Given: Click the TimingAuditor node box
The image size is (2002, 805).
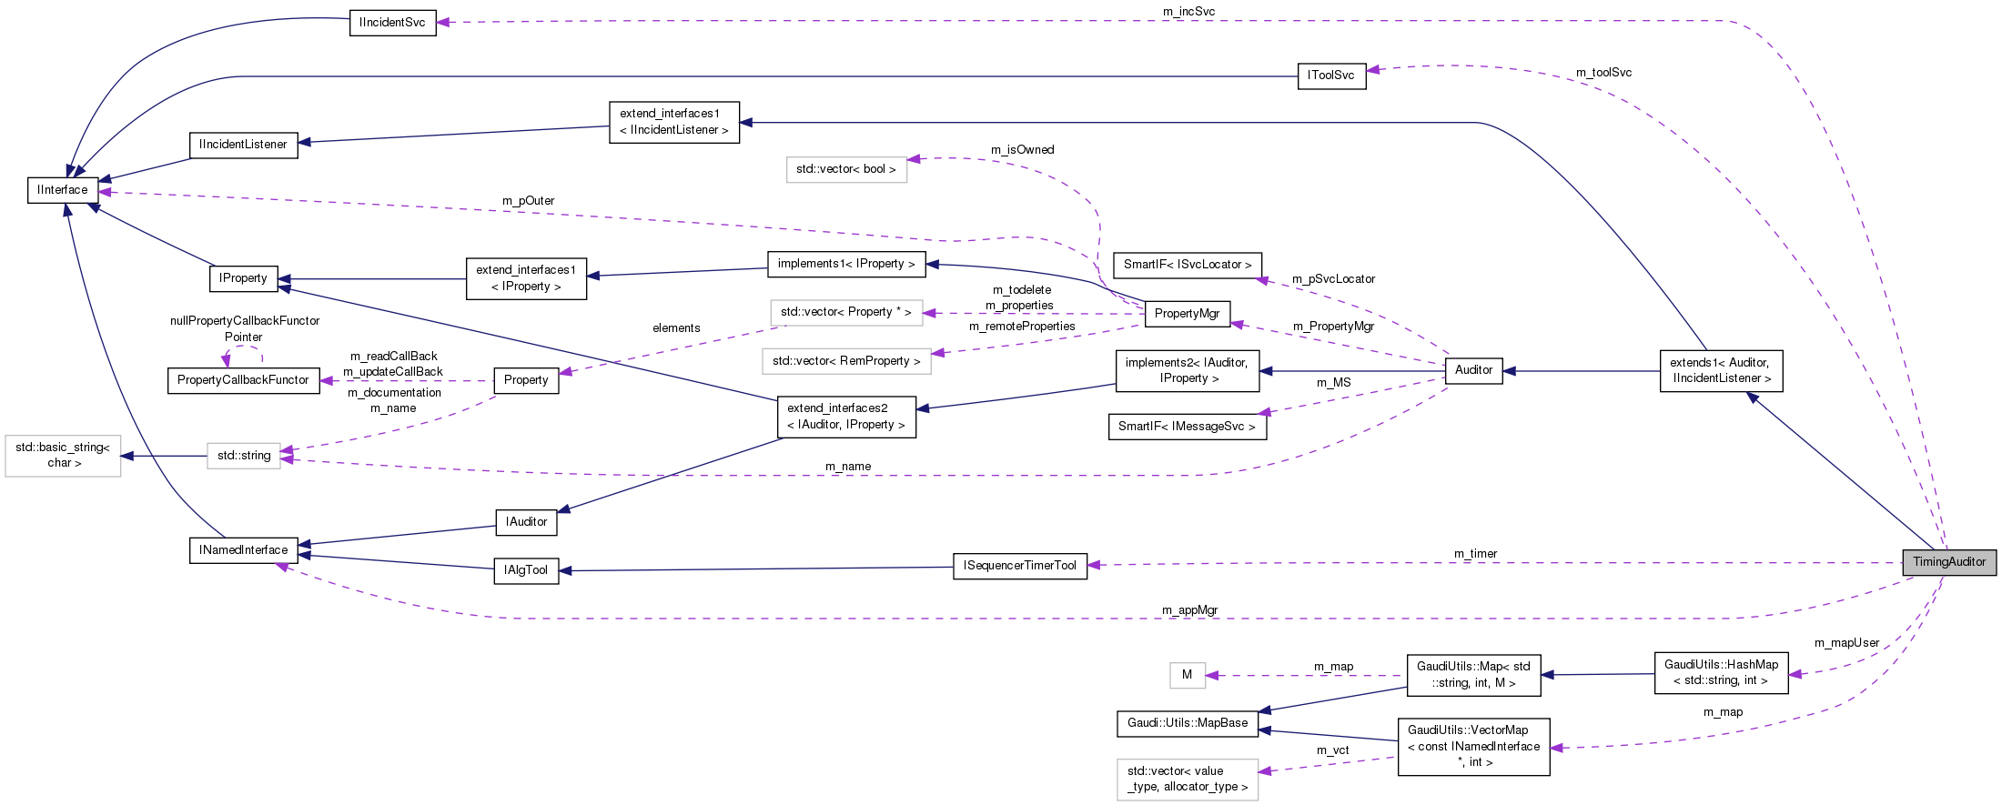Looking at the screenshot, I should (1948, 562).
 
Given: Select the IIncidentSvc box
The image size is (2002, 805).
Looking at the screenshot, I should (392, 23).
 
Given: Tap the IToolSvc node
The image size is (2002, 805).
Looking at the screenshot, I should (1331, 75).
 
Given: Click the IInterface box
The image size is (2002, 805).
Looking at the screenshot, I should (63, 190).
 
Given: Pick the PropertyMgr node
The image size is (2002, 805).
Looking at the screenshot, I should (1187, 314).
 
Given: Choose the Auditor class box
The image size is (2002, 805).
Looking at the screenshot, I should (1473, 370).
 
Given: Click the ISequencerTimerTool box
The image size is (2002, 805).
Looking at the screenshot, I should (1019, 566).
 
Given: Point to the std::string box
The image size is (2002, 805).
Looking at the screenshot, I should (243, 456).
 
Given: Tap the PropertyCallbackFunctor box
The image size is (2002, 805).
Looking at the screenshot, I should (243, 380).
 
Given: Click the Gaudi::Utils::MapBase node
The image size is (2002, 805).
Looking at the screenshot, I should (1188, 723).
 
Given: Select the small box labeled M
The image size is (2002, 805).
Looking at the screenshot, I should (1187, 675).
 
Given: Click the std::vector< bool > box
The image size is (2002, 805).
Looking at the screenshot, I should (845, 169).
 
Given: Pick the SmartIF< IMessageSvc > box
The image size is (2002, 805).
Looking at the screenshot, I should (1187, 427).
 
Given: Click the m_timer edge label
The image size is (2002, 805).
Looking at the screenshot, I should (1475, 554).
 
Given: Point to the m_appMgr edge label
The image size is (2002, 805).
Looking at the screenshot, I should (1189, 610).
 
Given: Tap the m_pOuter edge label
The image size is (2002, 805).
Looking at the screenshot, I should (528, 201).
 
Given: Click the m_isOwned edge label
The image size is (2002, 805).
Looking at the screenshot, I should (1022, 150).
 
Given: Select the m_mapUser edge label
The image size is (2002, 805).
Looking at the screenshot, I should (1846, 643).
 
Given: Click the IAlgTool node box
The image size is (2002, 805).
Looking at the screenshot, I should (526, 570).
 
